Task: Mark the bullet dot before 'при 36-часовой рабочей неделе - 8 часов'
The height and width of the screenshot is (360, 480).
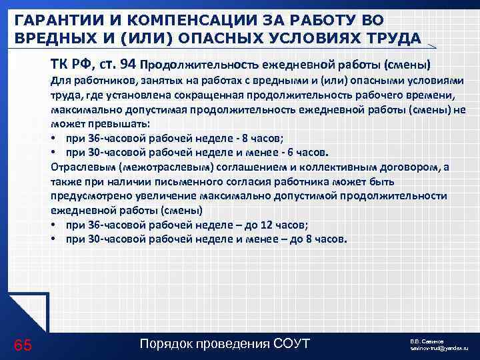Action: [x=53, y=139]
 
